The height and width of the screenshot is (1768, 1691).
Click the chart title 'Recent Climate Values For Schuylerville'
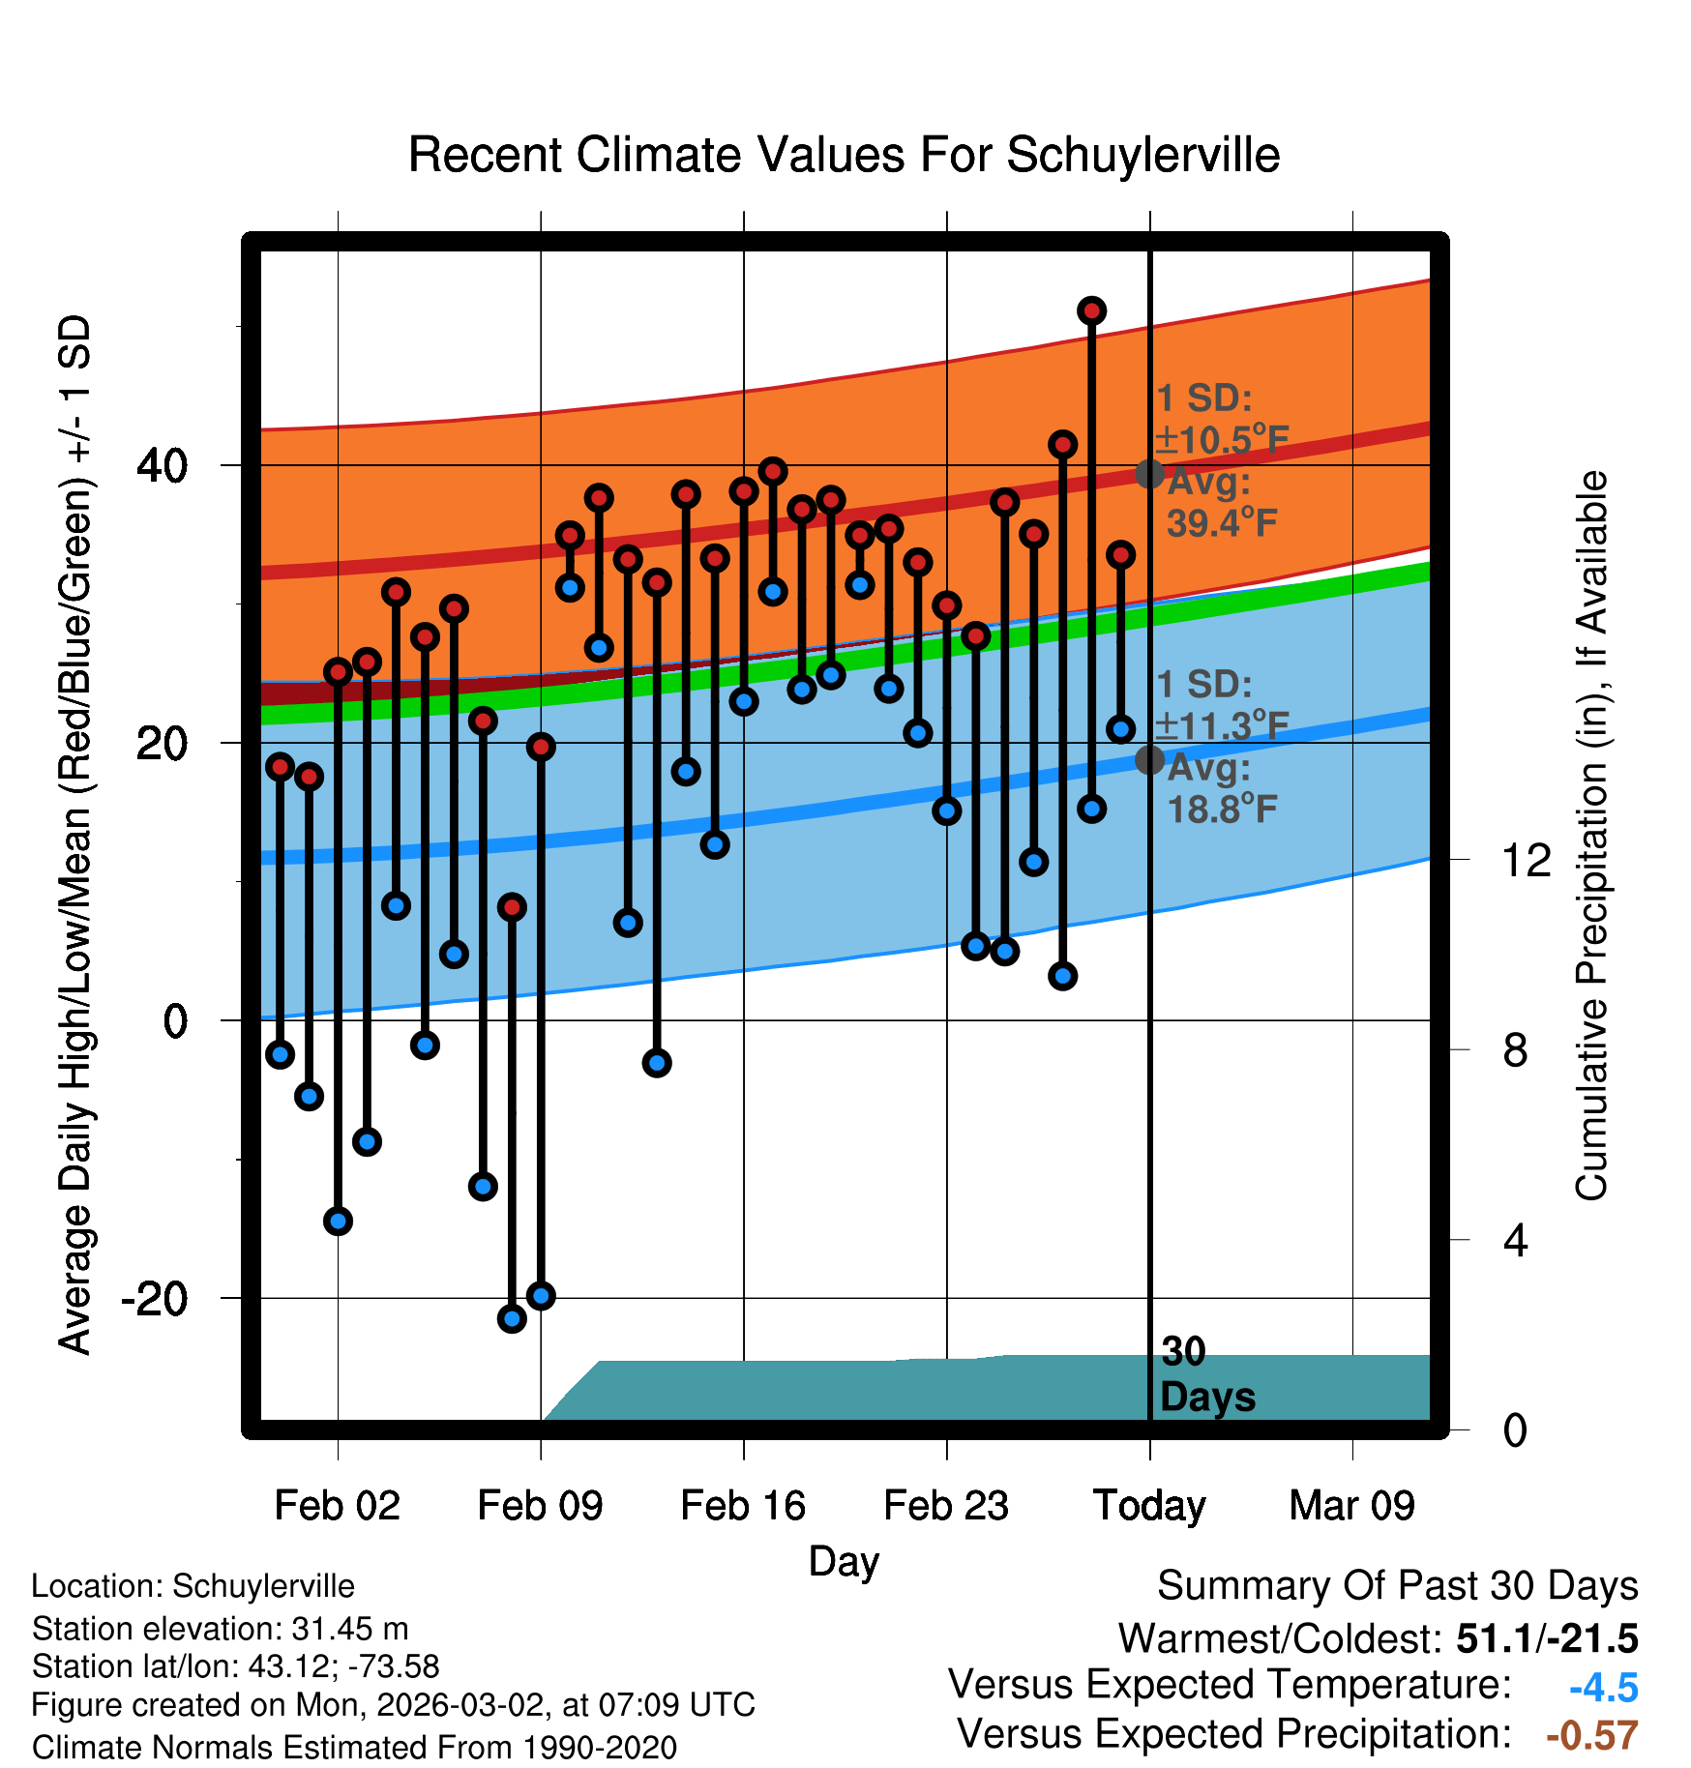click(x=844, y=155)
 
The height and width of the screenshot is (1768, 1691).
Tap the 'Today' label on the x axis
click(x=1149, y=1506)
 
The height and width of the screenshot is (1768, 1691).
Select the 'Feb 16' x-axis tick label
click(x=743, y=1506)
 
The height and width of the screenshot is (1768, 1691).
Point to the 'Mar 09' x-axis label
click(x=1351, y=1506)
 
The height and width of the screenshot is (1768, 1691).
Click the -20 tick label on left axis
click(x=154, y=1298)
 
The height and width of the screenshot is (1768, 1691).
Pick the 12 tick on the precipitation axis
click(x=1526, y=860)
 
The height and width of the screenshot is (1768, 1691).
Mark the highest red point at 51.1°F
click(x=1091, y=310)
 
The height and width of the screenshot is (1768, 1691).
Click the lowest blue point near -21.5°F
click(x=512, y=1318)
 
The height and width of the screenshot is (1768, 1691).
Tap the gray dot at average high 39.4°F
click(x=1149, y=474)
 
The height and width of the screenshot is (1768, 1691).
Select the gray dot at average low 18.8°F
click(x=1149, y=760)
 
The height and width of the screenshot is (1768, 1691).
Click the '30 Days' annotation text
click(x=1206, y=1375)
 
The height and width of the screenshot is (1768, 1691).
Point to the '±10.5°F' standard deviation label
click(x=1222, y=440)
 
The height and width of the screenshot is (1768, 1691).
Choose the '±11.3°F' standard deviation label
click(x=1222, y=725)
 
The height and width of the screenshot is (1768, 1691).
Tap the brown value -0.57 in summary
click(x=1591, y=1735)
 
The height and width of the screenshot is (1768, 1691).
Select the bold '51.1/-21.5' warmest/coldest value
click(x=1547, y=1638)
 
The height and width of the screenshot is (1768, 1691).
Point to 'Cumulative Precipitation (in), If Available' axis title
click(x=1591, y=837)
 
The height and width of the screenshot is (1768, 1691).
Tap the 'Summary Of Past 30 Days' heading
click(x=1397, y=1586)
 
